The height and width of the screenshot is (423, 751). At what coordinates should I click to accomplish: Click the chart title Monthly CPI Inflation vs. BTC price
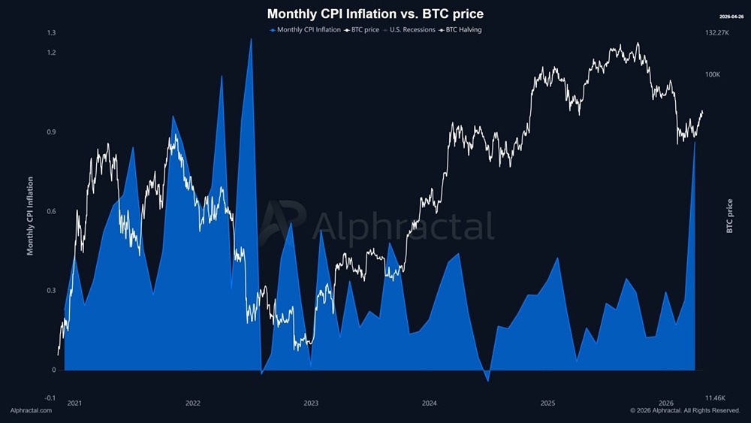pos(375,14)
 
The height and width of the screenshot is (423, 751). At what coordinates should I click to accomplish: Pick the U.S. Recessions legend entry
pos(410,30)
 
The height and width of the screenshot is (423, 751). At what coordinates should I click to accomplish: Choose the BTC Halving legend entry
pos(460,30)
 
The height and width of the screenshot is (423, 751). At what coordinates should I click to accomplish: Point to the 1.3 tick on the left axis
pos(51,33)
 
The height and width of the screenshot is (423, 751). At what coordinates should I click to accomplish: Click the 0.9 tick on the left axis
pos(51,132)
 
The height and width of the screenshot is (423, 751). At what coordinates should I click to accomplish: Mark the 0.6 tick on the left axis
pos(51,211)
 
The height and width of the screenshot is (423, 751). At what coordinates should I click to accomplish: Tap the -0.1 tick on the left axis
pos(50,397)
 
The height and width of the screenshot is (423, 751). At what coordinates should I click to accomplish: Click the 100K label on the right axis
pos(712,74)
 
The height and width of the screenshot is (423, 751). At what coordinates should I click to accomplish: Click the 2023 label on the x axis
pos(311,403)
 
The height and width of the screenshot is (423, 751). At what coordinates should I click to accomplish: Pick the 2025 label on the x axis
pos(547,403)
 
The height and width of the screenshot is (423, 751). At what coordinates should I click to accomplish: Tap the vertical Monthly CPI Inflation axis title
pos(31,216)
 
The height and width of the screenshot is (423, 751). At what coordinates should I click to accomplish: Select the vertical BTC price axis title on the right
pos(729,216)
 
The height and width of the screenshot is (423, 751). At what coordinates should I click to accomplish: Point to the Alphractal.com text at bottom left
pos(31,410)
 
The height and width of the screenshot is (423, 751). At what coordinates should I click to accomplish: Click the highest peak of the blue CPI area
pos(251,39)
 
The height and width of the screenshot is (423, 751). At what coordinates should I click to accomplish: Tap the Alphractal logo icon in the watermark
pos(284,222)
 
